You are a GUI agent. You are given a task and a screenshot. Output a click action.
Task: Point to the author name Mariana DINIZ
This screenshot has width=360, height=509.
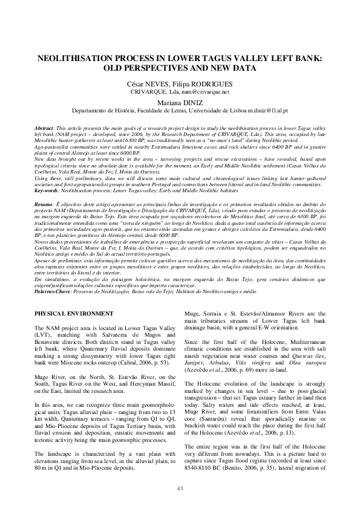180,103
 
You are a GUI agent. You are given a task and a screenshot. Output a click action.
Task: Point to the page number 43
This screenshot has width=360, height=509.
180,488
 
